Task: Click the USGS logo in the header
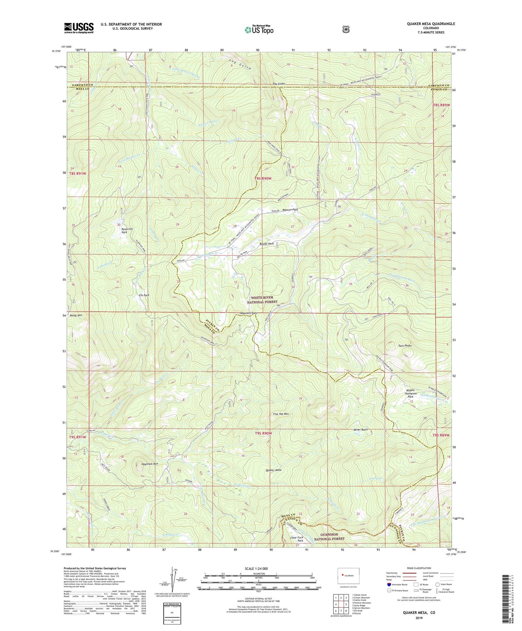[79, 28]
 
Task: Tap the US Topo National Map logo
[258, 30]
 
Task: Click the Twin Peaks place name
[405, 346]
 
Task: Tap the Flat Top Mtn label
[281, 414]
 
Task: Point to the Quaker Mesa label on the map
[273, 470]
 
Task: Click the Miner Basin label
[361, 429]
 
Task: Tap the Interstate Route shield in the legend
[389, 584]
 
